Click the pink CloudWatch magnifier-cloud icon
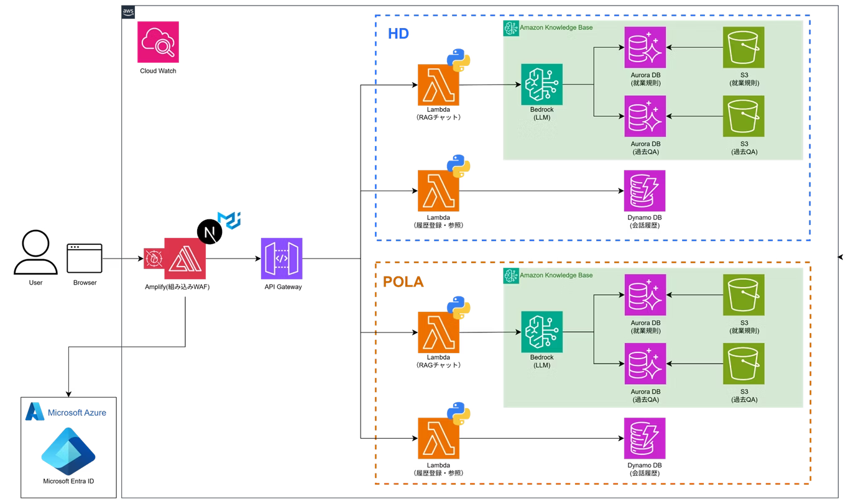click(x=158, y=42)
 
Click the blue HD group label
click(x=399, y=34)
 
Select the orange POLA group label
click(x=403, y=282)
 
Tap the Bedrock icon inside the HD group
click(x=542, y=85)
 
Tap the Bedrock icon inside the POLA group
click(x=542, y=332)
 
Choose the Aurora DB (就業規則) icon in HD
click(x=645, y=47)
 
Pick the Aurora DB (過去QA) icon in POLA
click(x=645, y=364)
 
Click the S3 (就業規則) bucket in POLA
click(x=744, y=295)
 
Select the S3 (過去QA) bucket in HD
click(x=744, y=116)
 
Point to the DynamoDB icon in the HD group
click(x=645, y=191)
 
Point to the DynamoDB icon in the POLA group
click(x=645, y=438)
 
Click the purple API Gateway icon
click(x=282, y=259)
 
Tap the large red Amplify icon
click(x=185, y=259)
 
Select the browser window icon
click(x=85, y=258)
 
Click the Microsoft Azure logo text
click(x=76, y=412)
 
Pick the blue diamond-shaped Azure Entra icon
click(x=68, y=451)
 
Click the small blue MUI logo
click(x=228, y=220)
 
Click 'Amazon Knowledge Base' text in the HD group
click(x=556, y=28)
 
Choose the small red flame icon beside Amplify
click(x=154, y=259)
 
